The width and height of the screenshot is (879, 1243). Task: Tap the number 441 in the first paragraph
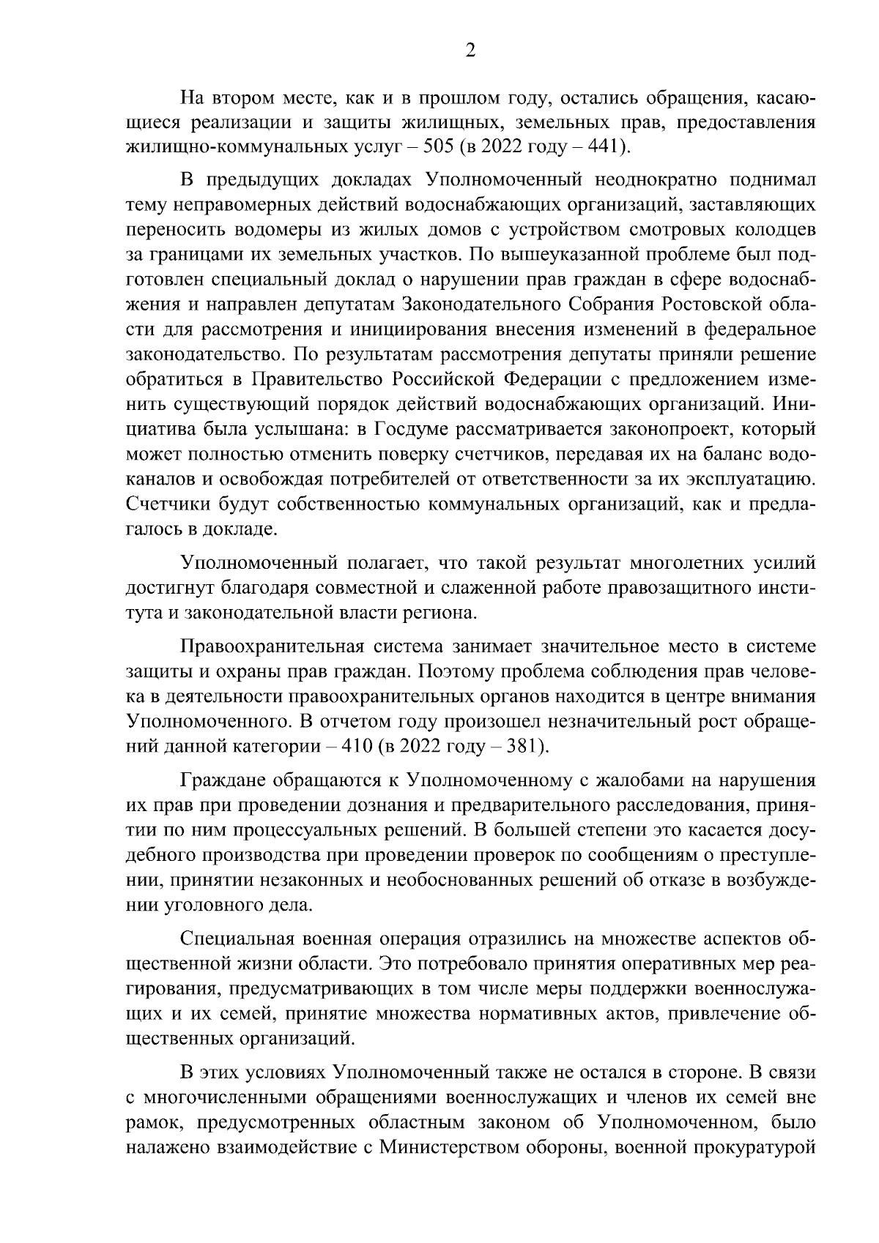coord(604,147)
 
